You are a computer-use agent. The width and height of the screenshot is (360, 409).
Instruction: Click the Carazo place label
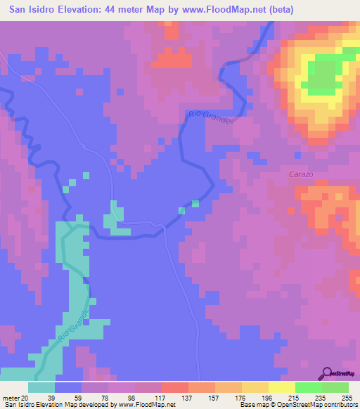301,173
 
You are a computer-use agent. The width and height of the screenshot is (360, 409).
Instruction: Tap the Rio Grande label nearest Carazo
209,116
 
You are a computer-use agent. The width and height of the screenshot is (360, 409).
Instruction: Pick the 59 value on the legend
68,398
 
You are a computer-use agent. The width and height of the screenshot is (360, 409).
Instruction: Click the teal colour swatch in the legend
41,387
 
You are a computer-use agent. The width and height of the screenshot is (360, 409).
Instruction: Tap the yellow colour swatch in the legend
281,387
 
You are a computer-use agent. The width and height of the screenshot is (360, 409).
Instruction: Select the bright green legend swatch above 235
308,387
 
